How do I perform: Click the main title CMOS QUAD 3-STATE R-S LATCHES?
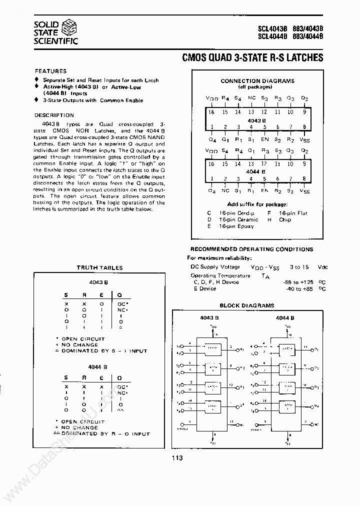coord(254,58)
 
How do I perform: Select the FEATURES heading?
coord(50,71)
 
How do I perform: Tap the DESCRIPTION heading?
coord(54,115)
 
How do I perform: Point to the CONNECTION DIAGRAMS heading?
coord(257,80)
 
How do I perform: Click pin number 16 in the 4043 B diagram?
coord(211,112)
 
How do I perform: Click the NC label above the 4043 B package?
coord(251,99)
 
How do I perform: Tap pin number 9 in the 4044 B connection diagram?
coord(304,164)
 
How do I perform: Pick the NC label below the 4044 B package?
coord(225,190)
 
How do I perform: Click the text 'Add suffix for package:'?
coord(257,204)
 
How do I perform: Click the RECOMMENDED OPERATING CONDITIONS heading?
coord(251,249)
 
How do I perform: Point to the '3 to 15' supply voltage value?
coord(299,267)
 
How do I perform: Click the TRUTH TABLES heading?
coord(99,267)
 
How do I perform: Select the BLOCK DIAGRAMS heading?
coord(247,305)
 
